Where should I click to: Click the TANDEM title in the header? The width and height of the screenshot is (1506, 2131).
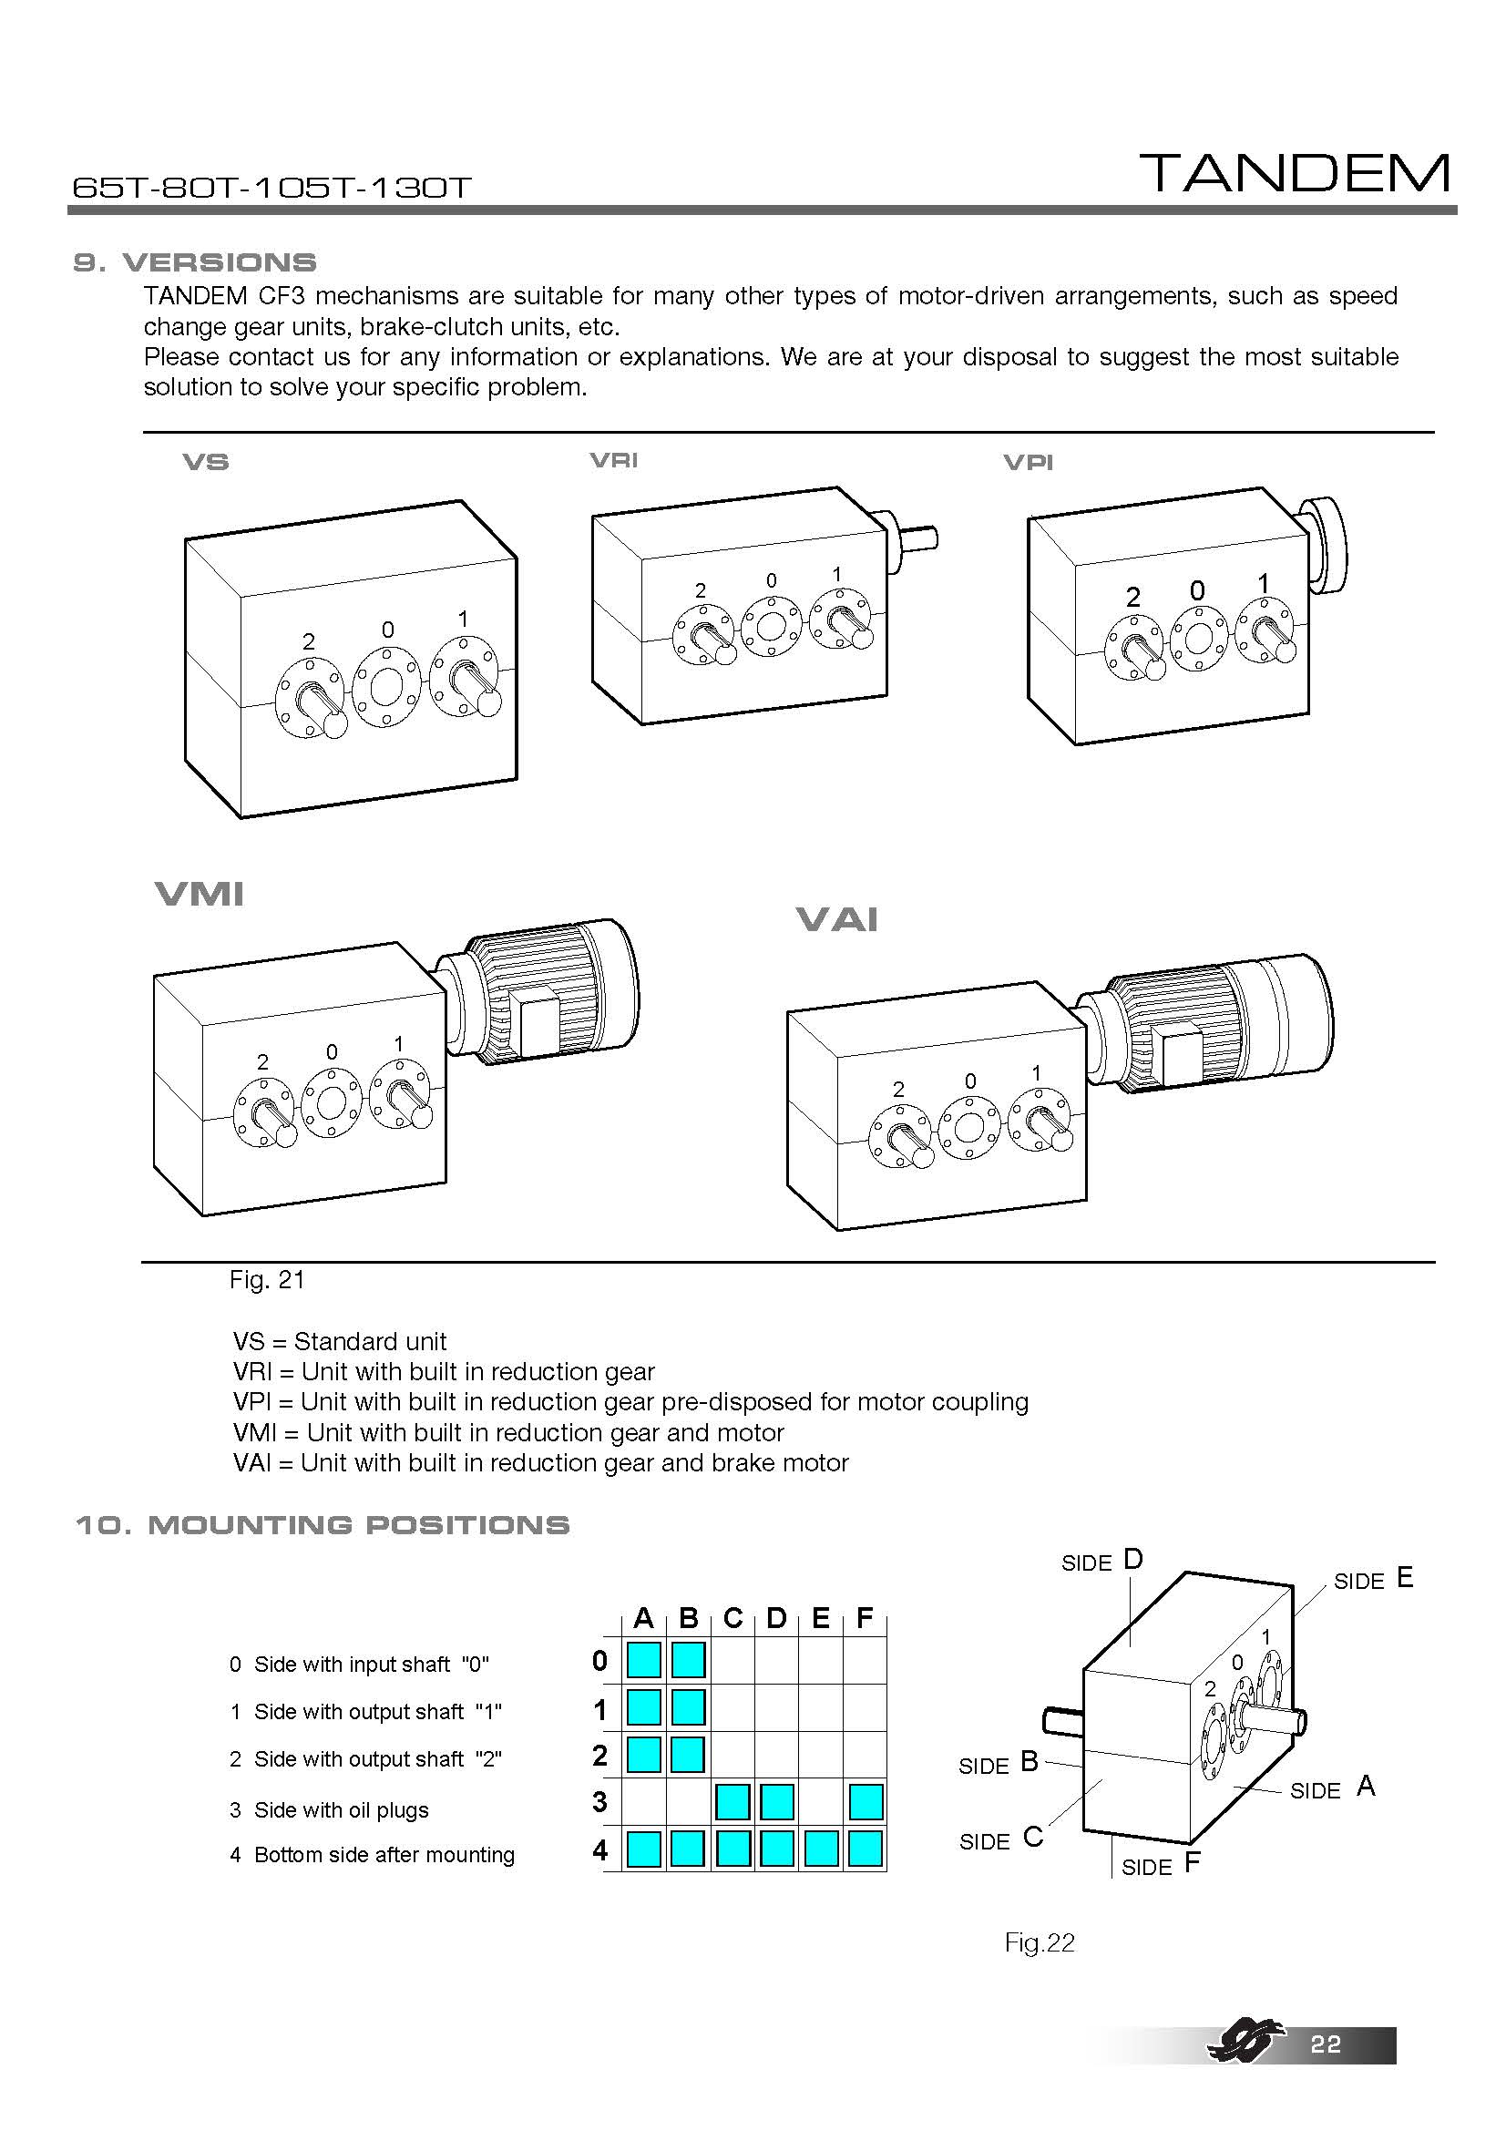[x=1295, y=174]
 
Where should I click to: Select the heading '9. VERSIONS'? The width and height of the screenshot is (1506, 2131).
[x=195, y=262]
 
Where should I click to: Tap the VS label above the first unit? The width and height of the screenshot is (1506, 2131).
[x=206, y=461]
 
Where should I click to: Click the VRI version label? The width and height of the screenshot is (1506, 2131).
[x=613, y=459]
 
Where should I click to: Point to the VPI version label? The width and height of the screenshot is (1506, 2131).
[x=1028, y=462]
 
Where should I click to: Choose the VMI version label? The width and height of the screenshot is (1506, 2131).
[x=200, y=894]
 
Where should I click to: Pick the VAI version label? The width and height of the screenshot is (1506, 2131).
[x=837, y=919]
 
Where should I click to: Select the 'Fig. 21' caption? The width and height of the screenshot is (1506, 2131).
[x=267, y=1280]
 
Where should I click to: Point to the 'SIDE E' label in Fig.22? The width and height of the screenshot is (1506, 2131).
[x=1372, y=1580]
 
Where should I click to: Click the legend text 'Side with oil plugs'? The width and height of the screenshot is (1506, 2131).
[x=342, y=1810]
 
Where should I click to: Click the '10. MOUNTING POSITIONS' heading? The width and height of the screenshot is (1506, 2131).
[x=322, y=1525]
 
